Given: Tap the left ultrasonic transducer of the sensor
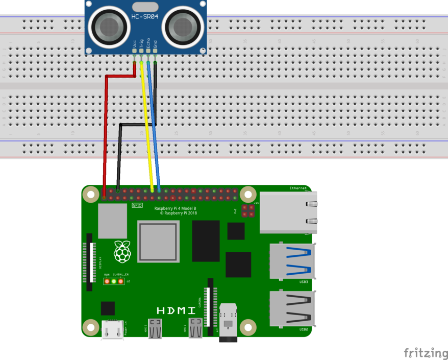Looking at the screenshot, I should coord(108,25).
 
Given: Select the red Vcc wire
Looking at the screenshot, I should coord(106,133).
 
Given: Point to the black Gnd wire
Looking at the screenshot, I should coord(119,153).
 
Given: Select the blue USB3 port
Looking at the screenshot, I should coord(292,261).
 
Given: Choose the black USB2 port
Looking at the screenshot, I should coord(292,308).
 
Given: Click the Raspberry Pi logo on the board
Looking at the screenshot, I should coord(122,251).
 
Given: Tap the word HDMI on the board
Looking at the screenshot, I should coord(176,310).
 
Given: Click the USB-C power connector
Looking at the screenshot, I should coord(112,330).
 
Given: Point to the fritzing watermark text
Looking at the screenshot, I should coord(426,353).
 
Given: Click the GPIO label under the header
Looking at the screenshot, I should coord(137,205).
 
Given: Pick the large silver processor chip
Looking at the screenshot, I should coord(158,242).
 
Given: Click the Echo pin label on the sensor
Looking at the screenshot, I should coord(148,43).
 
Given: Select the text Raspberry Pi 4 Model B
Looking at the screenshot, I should coord(175,208).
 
